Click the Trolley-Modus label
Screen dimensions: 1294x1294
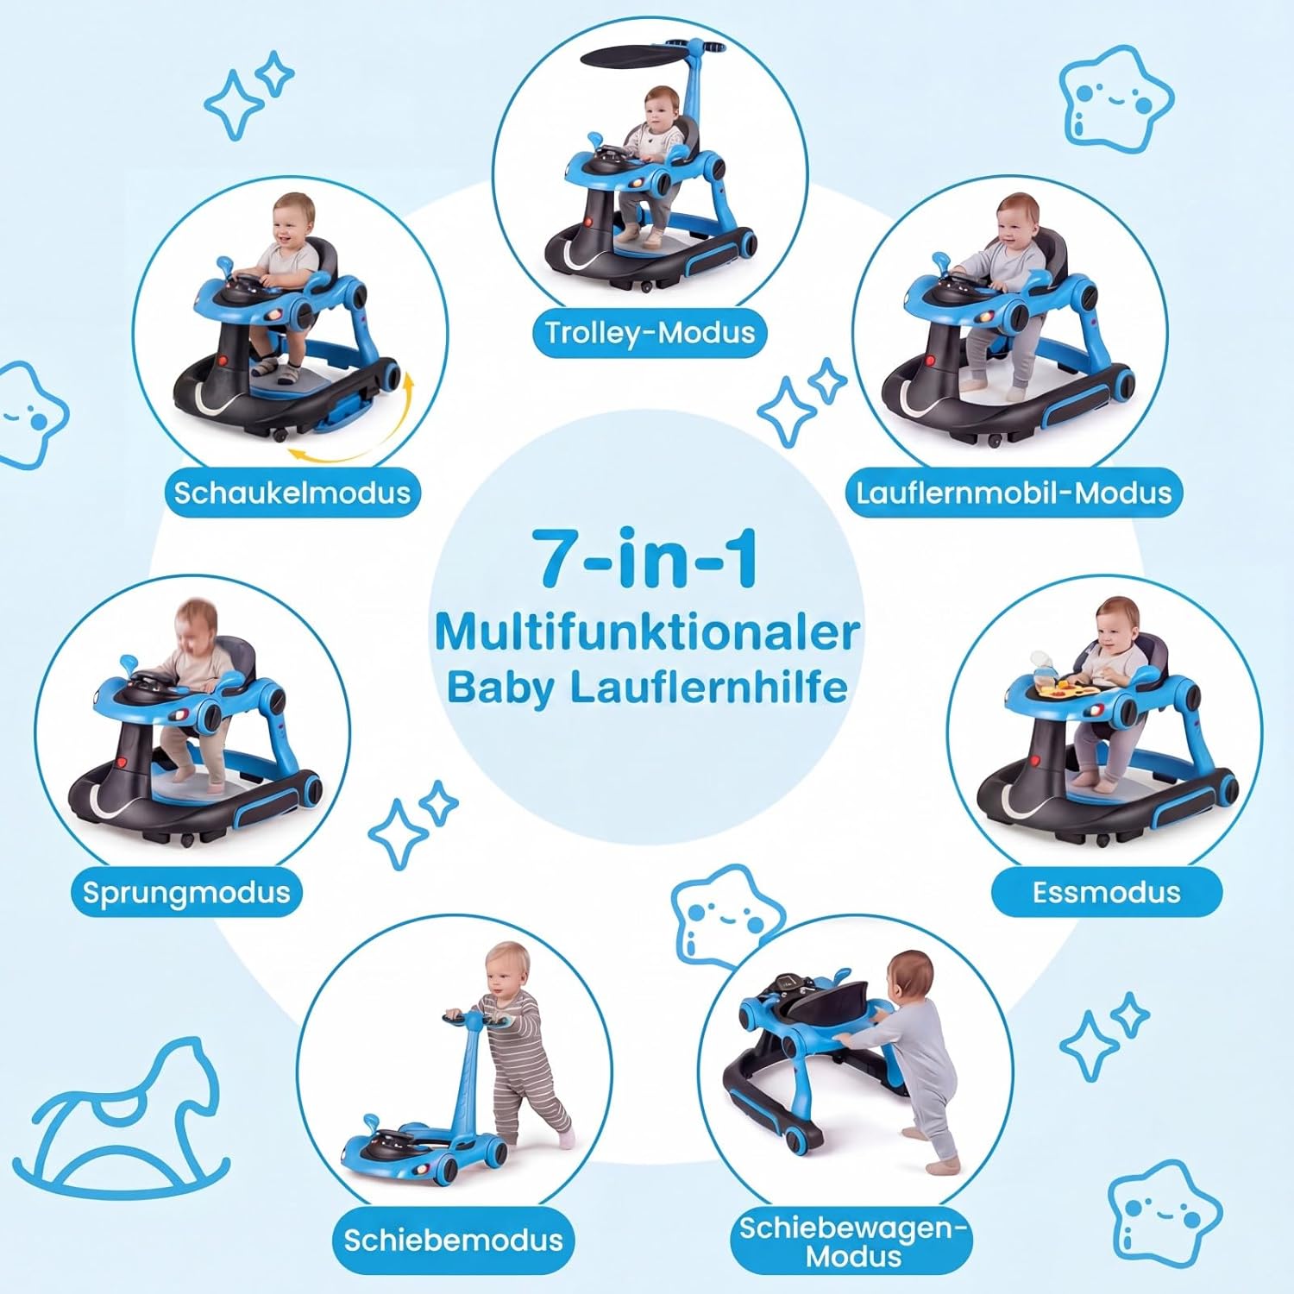650,333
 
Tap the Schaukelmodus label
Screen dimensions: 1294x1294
292,493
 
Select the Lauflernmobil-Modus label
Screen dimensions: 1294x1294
1014,493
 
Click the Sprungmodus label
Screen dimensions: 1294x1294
186,892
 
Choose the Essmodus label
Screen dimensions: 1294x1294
1106,892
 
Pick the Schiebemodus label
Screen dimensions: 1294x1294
453,1240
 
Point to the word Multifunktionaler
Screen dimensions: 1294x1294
647,632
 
